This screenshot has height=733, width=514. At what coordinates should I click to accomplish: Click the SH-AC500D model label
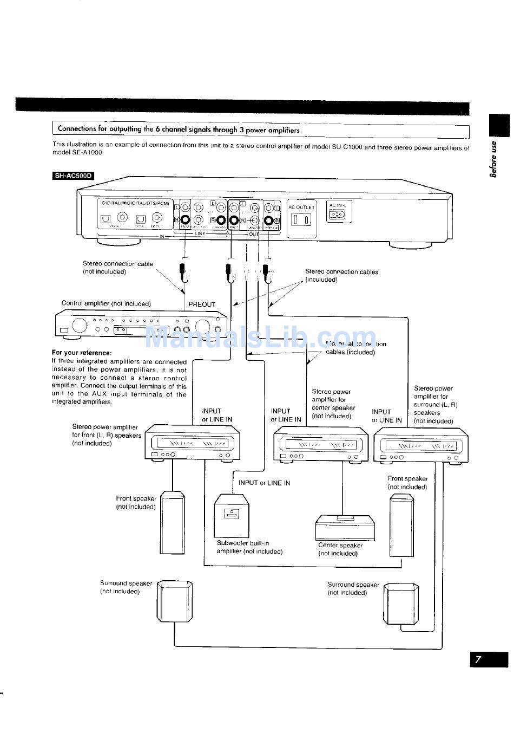click(73, 176)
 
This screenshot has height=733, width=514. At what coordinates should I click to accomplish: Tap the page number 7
click(478, 660)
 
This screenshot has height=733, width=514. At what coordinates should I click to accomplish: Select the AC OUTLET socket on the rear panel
click(301, 219)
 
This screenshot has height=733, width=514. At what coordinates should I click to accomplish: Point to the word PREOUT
click(202, 304)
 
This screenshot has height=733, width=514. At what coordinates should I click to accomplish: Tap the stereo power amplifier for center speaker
click(320, 444)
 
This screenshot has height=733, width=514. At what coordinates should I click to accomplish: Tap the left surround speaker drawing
click(174, 602)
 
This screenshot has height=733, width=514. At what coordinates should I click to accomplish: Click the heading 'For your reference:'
click(81, 353)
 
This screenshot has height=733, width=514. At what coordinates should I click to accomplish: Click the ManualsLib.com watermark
click(260, 339)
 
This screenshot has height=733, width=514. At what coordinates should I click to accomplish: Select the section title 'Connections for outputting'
click(179, 129)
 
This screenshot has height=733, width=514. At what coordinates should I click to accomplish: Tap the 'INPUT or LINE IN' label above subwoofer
click(264, 483)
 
